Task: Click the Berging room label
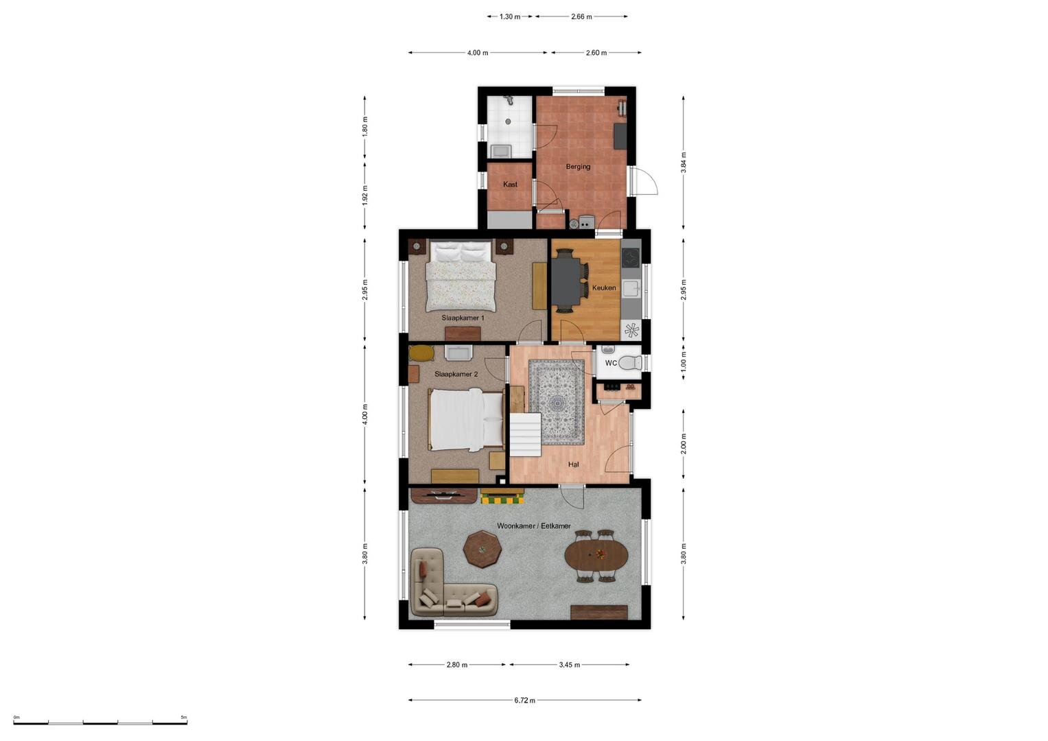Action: click(x=578, y=167)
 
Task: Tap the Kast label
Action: click(x=510, y=185)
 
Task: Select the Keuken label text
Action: click(x=604, y=287)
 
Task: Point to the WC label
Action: click(x=611, y=363)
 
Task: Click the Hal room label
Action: click(x=574, y=464)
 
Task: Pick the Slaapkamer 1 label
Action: click(x=463, y=318)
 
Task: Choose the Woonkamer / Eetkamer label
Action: click(x=533, y=526)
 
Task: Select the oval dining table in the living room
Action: click(x=596, y=556)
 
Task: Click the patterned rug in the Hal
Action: click(x=557, y=402)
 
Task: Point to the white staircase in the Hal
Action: click(x=525, y=434)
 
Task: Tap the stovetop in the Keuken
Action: click(x=631, y=258)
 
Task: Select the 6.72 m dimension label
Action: click(x=524, y=701)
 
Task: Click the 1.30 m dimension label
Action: click(x=510, y=17)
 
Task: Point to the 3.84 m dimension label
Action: click(x=684, y=163)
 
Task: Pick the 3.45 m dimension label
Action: click(x=570, y=665)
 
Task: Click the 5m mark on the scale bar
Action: click(x=184, y=717)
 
